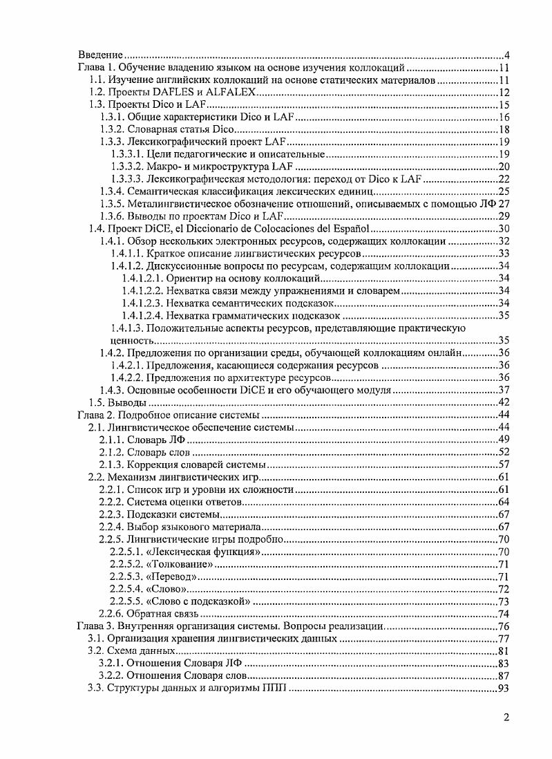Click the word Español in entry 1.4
pos(352,229)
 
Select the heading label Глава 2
pos(95,415)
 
